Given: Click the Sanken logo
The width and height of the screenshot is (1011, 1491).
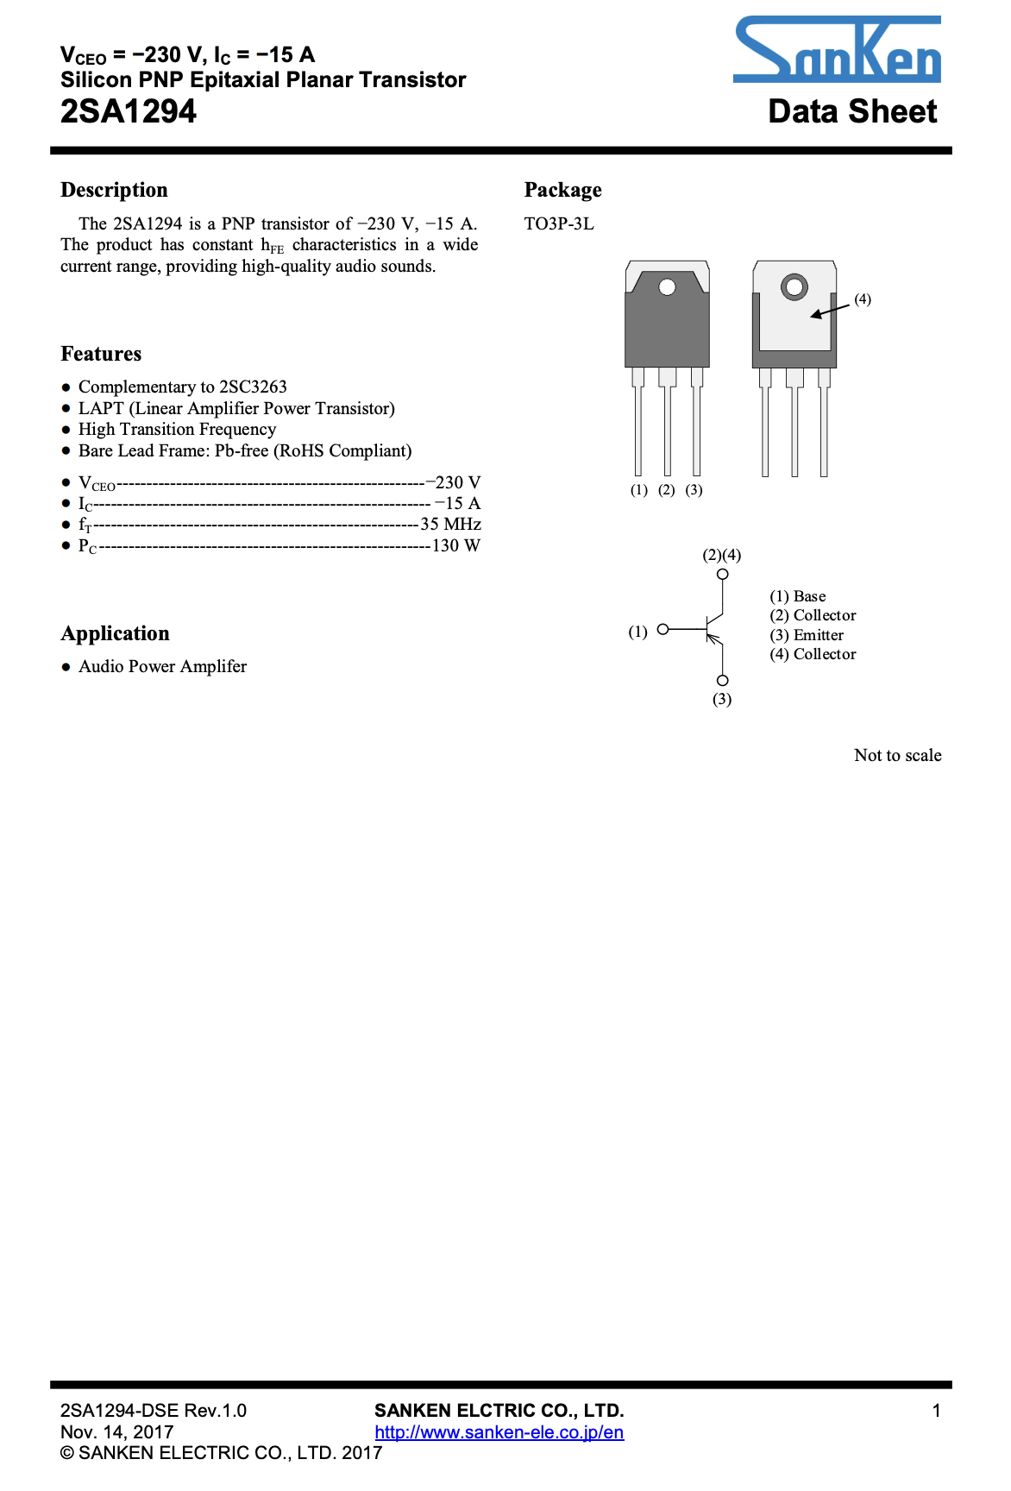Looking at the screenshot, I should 836,52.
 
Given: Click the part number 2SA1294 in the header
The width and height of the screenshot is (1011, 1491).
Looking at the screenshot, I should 129,111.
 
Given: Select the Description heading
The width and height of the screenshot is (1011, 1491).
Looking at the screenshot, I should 114,190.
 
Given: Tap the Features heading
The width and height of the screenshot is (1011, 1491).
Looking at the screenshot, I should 101,354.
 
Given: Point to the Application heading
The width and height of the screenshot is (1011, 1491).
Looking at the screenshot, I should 115,633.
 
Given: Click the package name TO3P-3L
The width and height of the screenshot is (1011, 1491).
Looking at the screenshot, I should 559,223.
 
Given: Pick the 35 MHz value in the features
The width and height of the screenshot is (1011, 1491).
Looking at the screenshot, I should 450,524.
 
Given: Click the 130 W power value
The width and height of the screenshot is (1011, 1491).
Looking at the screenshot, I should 456,545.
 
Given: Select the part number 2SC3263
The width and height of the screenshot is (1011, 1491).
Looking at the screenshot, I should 253,387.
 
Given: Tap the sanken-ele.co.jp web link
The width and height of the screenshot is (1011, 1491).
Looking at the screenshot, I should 499,1432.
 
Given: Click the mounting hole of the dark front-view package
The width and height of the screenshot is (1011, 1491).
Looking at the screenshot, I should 667,286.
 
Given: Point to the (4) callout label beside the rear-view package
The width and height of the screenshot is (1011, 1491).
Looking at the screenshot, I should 863,299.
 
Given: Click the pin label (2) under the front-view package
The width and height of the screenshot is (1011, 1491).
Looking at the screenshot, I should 666,490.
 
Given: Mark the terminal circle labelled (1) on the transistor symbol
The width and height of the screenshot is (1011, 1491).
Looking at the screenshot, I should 662,630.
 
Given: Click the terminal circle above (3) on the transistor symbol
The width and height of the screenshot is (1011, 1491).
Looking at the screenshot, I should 723,681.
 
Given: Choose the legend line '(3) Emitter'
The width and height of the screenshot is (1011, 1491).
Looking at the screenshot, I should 807,635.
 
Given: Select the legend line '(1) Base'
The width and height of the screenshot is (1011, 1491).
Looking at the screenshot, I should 797,596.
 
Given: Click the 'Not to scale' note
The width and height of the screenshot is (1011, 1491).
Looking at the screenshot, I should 897,755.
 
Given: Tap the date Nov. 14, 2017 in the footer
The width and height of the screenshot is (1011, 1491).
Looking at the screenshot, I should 117,1432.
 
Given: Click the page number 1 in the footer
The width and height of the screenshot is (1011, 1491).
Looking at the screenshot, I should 936,1411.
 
